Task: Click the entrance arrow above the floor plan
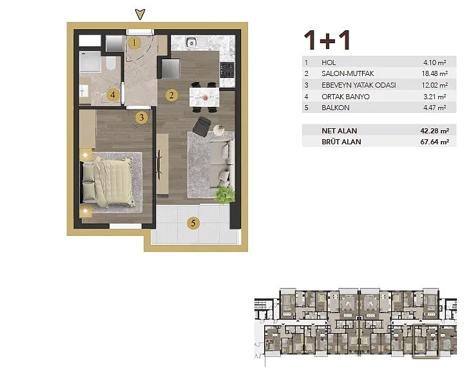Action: click(x=140, y=14)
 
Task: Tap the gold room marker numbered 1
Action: click(x=134, y=43)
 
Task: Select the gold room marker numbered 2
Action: click(x=171, y=95)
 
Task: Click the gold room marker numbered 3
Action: click(x=142, y=117)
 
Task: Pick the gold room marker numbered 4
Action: click(x=113, y=95)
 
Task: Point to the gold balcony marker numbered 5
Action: click(x=193, y=223)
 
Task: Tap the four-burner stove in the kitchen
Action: click(x=227, y=70)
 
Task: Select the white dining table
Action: click(x=204, y=97)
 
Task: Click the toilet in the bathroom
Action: click(x=111, y=63)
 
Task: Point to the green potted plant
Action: click(x=225, y=195)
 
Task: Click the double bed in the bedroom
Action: click(x=107, y=182)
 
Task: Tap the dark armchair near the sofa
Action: click(x=201, y=126)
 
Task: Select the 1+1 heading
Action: click(x=327, y=40)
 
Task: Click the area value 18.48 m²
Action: click(x=435, y=73)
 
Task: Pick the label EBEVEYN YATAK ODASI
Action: click(x=359, y=85)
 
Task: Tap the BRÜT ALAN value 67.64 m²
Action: click(x=435, y=142)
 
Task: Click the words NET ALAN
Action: click(x=339, y=131)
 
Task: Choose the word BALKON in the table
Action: click(x=335, y=108)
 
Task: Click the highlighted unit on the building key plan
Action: click(x=426, y=341)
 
